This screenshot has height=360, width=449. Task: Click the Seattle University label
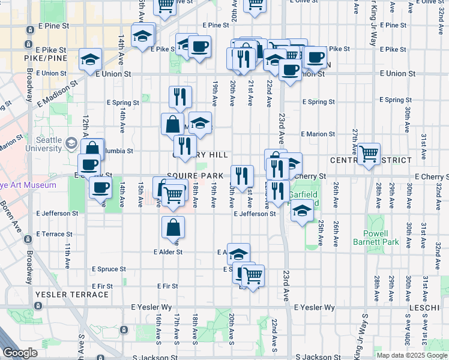click(x=45, y=144)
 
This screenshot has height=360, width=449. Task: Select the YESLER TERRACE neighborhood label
click(x=72, y=295)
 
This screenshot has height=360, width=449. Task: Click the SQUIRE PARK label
click(x=194, y=175)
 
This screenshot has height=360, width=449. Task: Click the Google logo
click(x=20, y=353)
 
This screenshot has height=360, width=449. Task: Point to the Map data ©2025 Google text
click(x=411, y=355)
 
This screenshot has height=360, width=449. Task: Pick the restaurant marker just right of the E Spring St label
click(x=179, y=97)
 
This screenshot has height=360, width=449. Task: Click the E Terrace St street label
click(x=55, y=234)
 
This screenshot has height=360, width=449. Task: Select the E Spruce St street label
click(x=109, y=269)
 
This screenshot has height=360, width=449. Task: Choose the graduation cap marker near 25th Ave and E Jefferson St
click(x=303, y=211)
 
